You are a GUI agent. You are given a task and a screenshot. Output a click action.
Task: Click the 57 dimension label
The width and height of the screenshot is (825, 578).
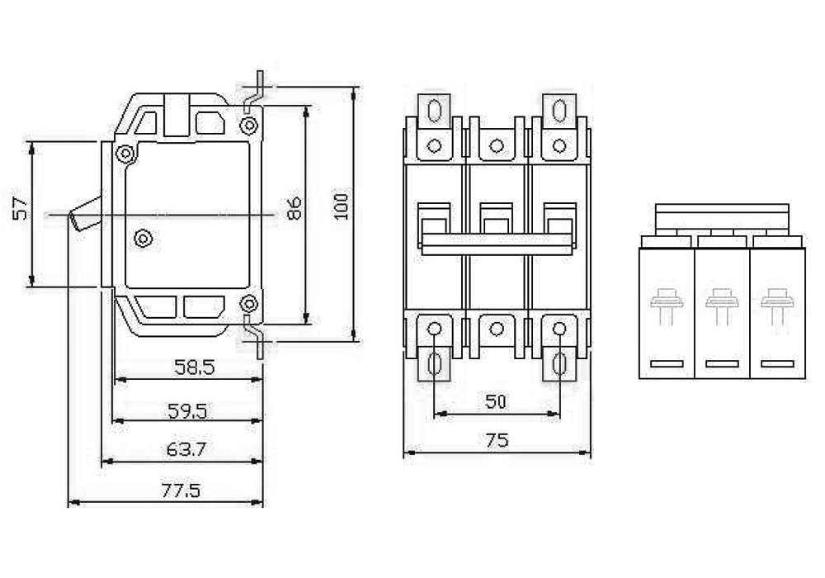pyautogui.click(x=21, y=208)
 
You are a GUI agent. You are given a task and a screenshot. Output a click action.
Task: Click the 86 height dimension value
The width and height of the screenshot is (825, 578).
pyautogui.click(x=294, y=208)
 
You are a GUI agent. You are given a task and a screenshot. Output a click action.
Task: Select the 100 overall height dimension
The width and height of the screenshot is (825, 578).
pyautogui.click(x=342, y=206)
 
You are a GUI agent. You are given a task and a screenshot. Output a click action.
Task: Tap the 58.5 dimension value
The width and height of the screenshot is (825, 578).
pyautogui.click(x=195, y=367)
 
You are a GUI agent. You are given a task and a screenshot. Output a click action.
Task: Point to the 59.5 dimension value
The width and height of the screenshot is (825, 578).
pyautogui.click(x=187, y=410)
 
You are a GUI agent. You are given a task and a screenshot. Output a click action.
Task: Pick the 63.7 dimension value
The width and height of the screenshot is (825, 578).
pyautogui.click(x=186, y=449)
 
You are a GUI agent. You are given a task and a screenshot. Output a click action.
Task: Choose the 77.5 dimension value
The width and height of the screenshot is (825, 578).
pyautogui.click(x=181, y=490)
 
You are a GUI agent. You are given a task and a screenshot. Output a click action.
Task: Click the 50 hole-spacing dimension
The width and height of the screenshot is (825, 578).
pyautogui.click(x=496, y=401)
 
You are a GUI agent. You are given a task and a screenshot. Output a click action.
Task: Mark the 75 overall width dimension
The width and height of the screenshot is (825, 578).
pyautogui.click(x=497, y=440)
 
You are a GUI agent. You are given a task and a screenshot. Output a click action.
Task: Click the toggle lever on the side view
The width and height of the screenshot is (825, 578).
pyautogui.click(x=85, y=214)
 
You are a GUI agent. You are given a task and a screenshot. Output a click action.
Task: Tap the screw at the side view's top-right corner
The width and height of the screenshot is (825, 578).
pyautogui.click(x=248, y=126)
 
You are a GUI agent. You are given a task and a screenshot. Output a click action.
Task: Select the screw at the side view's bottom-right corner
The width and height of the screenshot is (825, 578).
pyautogui.click(x=248, y=303)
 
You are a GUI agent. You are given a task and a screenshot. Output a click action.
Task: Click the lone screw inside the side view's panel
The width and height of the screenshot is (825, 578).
pyautogui.click(x=144, y=239)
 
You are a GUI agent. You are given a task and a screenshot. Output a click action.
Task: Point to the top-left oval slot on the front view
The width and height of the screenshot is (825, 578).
pyautogui.click(x=435, y=111)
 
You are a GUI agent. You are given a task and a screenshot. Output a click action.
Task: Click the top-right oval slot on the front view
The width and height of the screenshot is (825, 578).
pyautogui.click(x=559, y=111)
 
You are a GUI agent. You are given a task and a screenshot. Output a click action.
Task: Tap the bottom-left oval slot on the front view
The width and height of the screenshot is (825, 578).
pyautogui.click(x=435, y=363)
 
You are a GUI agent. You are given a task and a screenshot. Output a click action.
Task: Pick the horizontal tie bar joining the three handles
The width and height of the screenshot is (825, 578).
pyautogui.click(x=497, y=244)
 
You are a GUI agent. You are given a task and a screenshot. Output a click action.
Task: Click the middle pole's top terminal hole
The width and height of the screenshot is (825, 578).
pyautogui.click(x=496, y=146)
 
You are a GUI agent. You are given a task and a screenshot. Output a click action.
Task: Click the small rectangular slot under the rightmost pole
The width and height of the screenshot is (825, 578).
pyautogui.click(x=778, y=364)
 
